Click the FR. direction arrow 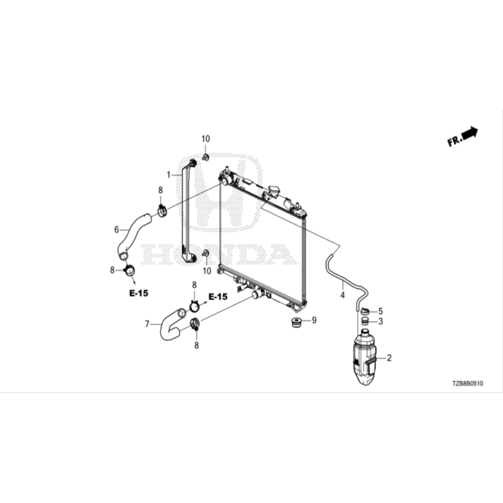[x=470, y=134]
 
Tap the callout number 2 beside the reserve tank [x=389, y=358]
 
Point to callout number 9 [x=314, y=320]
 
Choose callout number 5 [x=380, y=311]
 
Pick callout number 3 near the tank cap [x=380, y=322]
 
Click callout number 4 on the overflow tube [x=342, y=296]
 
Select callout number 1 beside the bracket [x=168, y=174]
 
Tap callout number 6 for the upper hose [x=116, y=229]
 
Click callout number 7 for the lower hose [x=146, y=324]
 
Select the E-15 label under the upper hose [x=139, y=293]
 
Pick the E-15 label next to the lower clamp [x=218, y=297]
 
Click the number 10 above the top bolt [x=205, y=139]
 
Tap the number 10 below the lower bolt [x=207, y=271]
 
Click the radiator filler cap [x=273, y=190]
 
